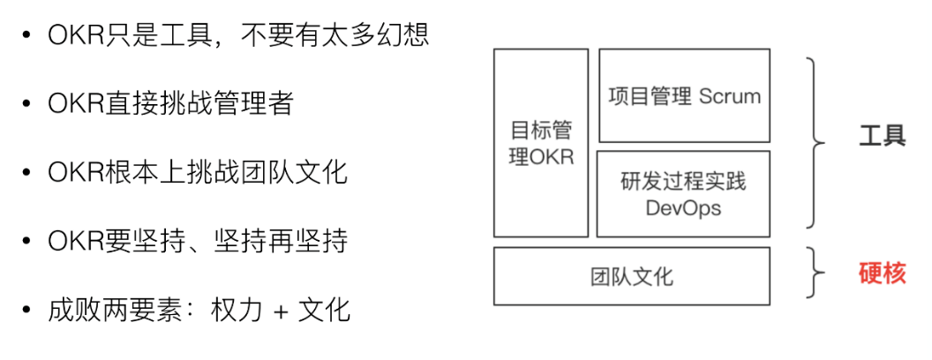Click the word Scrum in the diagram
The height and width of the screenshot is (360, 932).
pos(729,96)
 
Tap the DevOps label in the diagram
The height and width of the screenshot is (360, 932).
pos(683,208)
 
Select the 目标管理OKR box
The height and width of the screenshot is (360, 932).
pos(541,143)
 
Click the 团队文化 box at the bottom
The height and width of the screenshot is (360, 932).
pos(631,276)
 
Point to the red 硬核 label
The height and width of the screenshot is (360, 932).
pos(883,274)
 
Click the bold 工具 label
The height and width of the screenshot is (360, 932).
pos(882,137)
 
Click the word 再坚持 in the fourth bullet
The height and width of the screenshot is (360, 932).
pos(310,241)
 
